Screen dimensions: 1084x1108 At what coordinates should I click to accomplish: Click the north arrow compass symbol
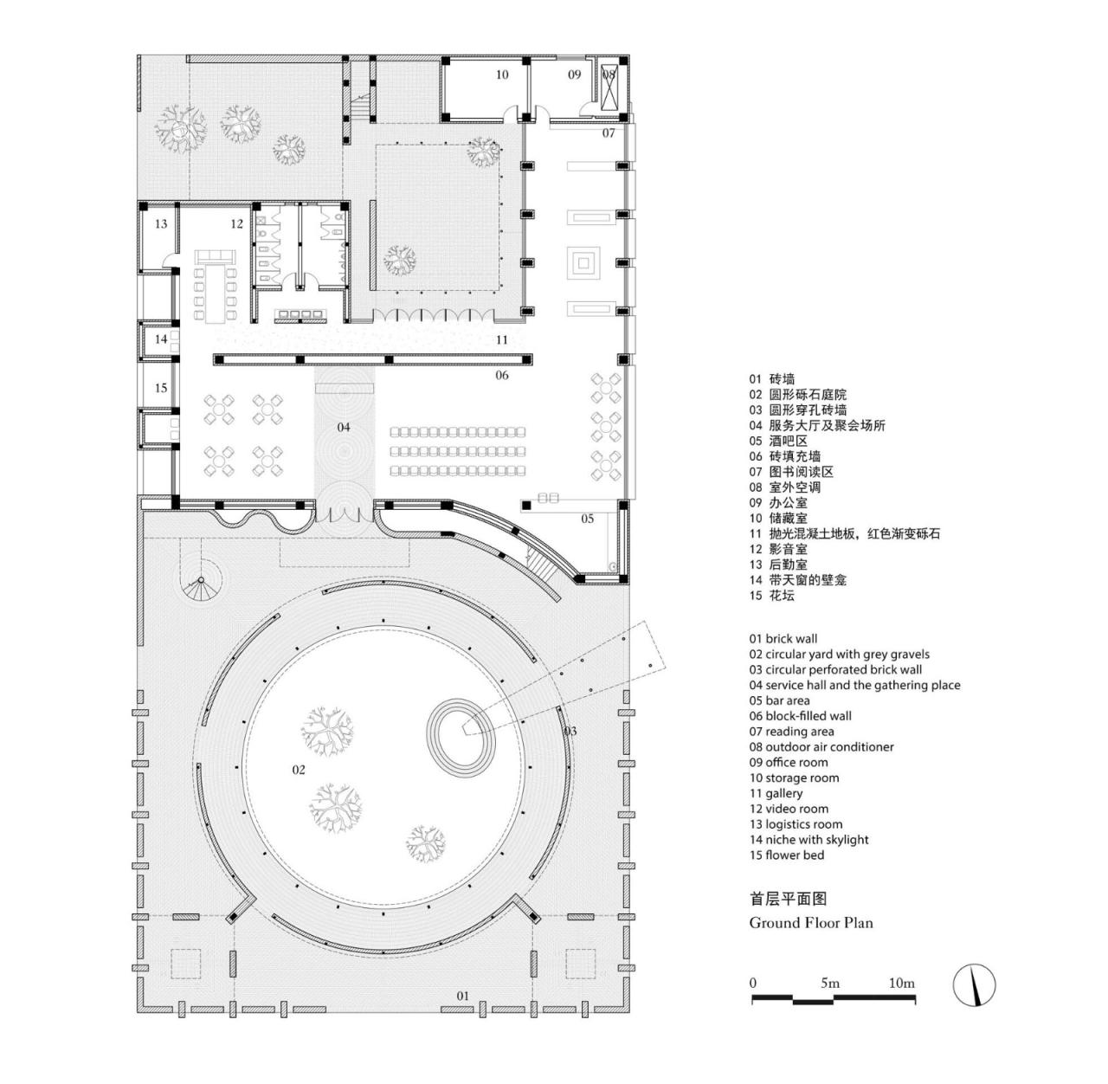974,984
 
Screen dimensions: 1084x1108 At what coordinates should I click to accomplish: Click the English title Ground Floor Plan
810,923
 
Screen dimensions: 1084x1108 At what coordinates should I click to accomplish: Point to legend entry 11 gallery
776,793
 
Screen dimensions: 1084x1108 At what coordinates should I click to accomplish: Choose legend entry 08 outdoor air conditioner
821,746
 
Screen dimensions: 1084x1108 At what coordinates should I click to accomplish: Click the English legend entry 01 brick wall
783,639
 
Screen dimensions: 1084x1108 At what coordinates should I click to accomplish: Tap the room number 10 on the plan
502,74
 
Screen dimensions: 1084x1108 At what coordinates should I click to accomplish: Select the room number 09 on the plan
574,74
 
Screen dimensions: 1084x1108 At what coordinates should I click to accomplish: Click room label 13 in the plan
161,224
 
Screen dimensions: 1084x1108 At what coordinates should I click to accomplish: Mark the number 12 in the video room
236,224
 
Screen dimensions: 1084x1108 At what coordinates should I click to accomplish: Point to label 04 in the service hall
344,427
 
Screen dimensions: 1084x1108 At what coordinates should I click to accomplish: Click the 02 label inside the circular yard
299,769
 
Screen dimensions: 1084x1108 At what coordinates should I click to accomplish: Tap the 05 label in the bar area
588,519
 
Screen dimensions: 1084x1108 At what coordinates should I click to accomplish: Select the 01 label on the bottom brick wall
462,996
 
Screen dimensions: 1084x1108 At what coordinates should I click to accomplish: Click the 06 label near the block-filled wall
502,375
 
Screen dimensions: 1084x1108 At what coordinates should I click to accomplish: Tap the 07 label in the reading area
609,133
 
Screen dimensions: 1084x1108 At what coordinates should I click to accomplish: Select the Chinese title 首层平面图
782,899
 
